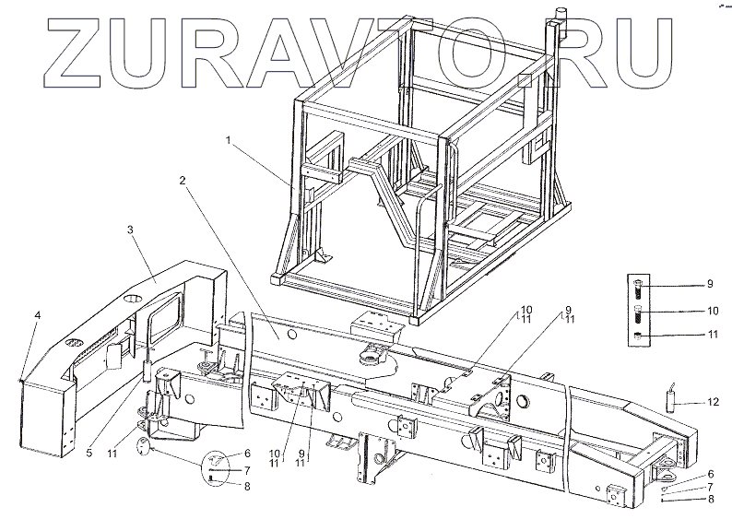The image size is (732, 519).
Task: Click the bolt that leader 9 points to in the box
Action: (x=639, y=289)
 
